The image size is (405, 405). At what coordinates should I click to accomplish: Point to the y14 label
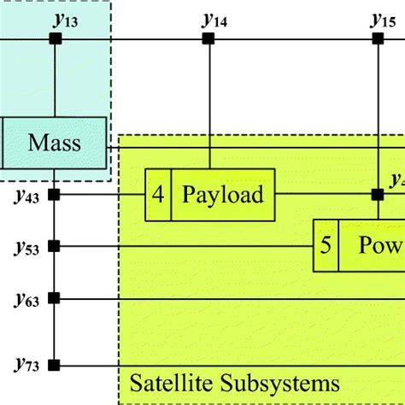point(214,21)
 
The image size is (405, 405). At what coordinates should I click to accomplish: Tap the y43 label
point(26,197)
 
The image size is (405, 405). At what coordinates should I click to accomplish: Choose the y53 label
point(26,249)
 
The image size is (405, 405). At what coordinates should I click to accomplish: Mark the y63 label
point(26,299)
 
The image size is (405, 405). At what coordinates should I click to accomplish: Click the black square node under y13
point(55,39)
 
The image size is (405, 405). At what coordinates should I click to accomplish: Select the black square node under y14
point(208,39)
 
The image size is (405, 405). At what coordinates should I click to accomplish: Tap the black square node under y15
point(378,39)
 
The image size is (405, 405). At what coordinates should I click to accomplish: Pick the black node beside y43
point(54,195)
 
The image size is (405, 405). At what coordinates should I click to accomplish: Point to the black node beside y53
point(54,247)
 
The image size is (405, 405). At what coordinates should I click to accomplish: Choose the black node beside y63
point(54,298)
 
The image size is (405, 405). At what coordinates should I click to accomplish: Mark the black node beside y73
point(54,365)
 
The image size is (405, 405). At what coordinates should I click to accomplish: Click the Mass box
point(54,142)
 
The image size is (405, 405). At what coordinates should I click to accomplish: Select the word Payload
point(222,195)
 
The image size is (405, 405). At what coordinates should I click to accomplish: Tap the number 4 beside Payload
point(158,195)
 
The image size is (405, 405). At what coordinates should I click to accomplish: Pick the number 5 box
point(326,246)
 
